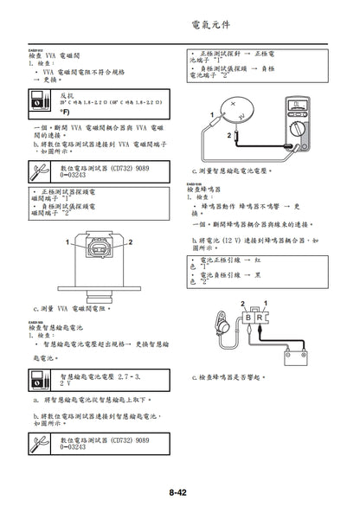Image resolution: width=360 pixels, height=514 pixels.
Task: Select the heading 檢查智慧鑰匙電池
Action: (x=56, y=330)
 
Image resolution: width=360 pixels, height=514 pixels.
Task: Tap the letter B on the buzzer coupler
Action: (x=248, y=318)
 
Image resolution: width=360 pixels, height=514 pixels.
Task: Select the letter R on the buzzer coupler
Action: (x=260, y=318)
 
